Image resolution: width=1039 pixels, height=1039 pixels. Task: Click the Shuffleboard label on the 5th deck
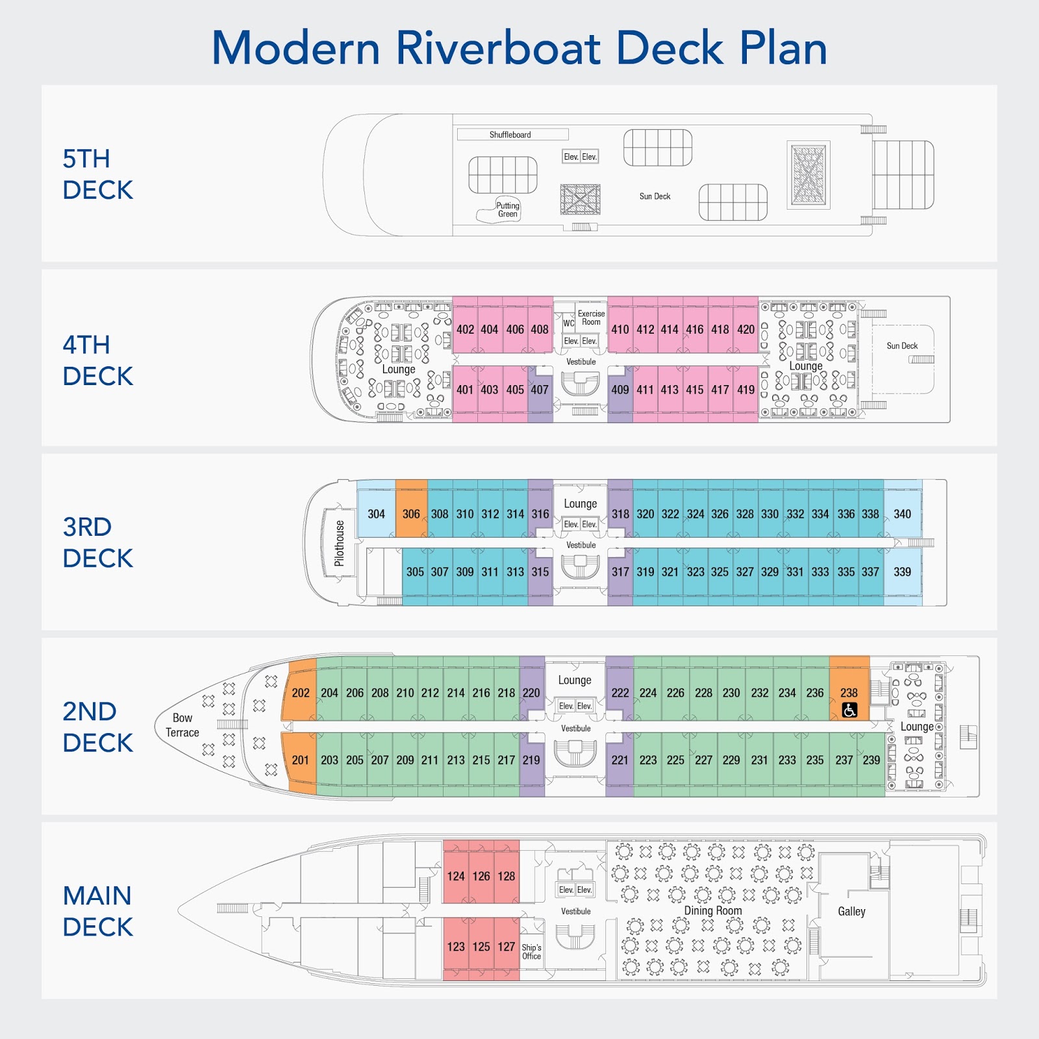[x=510, y=134]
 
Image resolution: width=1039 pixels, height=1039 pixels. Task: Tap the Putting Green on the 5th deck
[x=507, y=210]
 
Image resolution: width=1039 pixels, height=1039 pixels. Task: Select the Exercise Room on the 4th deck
[x=591, y=318]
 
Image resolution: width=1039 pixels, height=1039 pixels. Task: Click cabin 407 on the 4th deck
[x=540, y=390]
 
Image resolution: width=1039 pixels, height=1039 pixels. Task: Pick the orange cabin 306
[x=411, y=514]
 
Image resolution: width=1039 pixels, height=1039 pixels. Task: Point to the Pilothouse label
[x=339, y=543]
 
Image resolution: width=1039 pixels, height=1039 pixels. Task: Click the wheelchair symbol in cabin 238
[x=849, y=710]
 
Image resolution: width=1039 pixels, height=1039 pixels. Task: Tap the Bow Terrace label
[x=182, y=725]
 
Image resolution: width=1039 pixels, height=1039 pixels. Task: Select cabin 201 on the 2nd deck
[x=300, y=760]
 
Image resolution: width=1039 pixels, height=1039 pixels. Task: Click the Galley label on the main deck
[x=851, y=911]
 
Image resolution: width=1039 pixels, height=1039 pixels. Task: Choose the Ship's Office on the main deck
[x=531, y=951]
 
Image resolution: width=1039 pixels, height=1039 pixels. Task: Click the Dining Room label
[x=712, y=910]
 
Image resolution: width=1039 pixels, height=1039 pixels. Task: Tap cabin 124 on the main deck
[x=456, y=876]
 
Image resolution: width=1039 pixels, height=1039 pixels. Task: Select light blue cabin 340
[x=902, y=514]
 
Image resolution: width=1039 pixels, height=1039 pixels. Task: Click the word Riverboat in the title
[x=499, y=48]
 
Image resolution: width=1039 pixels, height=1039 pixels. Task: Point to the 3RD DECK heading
[x=97, y=542]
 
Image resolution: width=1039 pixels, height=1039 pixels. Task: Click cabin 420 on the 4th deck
[x=745, y=329]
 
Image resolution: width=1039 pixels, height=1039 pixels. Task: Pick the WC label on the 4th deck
[x=569, y=323]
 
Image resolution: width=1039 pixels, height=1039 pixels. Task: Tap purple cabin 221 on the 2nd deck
[x=620, y=760]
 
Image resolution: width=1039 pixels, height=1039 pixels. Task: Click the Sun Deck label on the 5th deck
[x=655, y=196]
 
